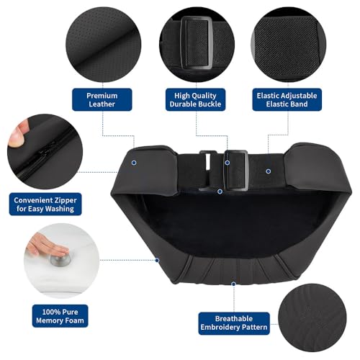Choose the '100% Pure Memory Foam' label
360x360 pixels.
click(x=45, y=314)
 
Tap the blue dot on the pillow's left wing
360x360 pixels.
click(x=135, y=163)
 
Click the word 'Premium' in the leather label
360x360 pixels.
click(x=102, y=95)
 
